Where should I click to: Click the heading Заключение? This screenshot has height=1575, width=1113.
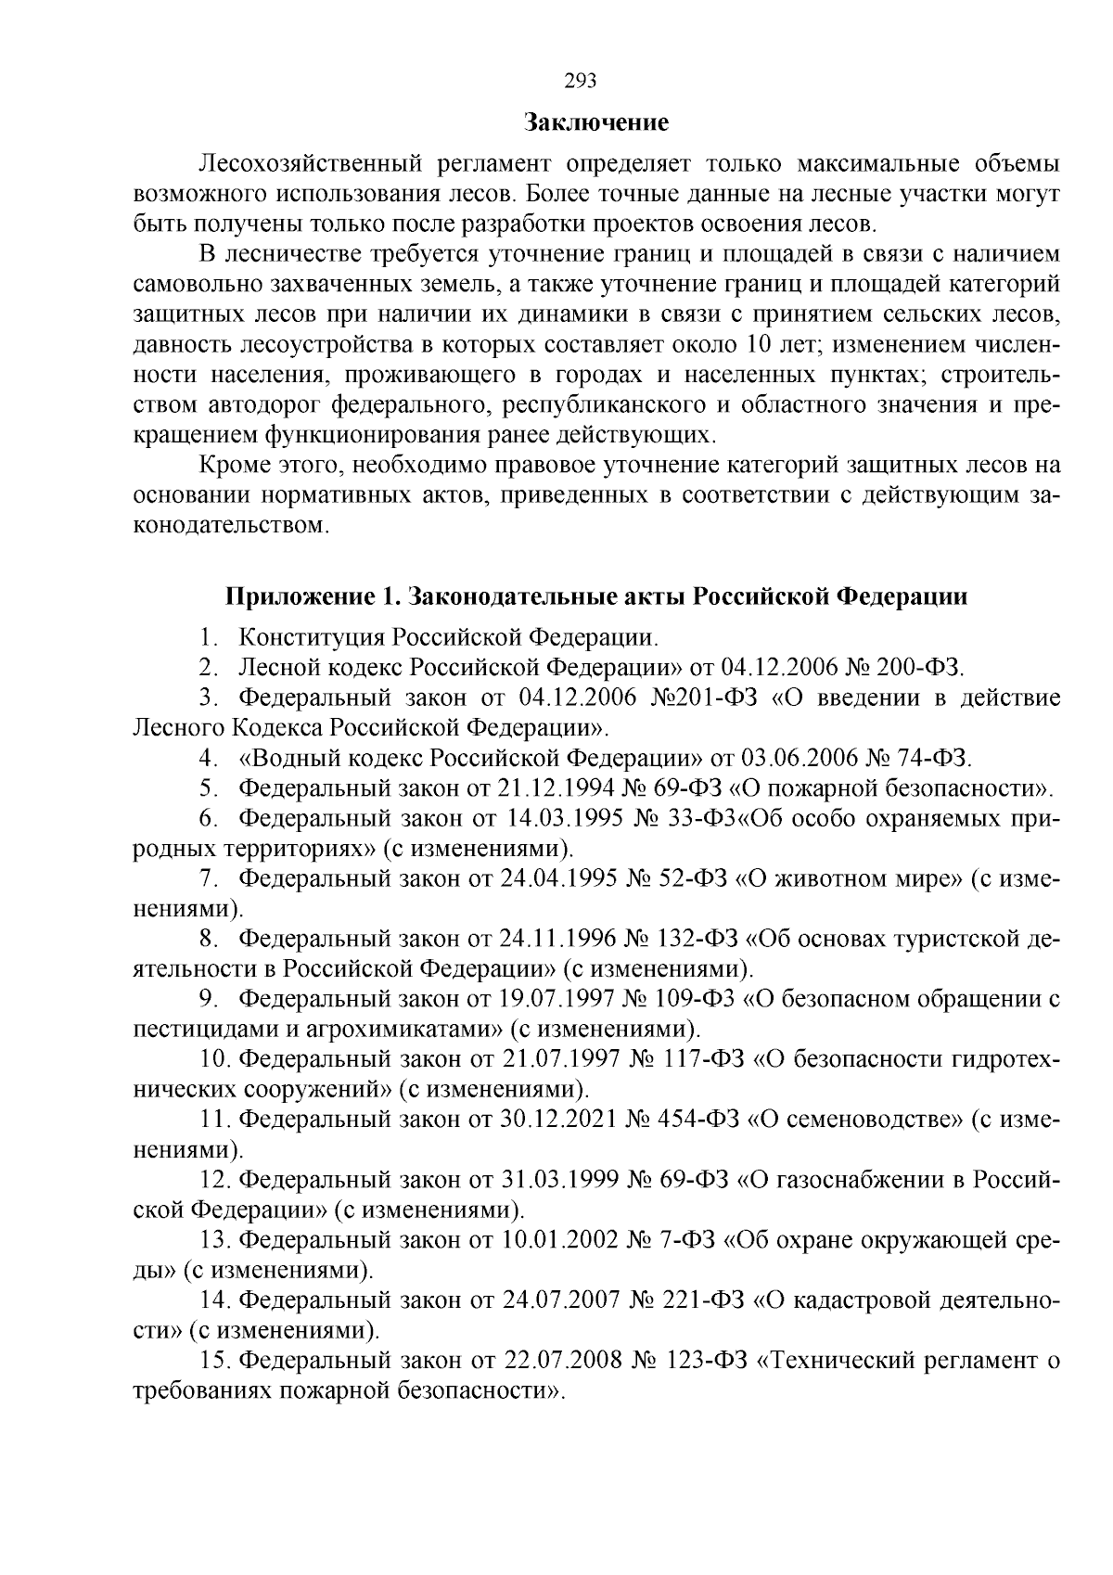point(596,122)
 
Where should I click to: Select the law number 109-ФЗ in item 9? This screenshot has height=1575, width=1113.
point(701,999)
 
